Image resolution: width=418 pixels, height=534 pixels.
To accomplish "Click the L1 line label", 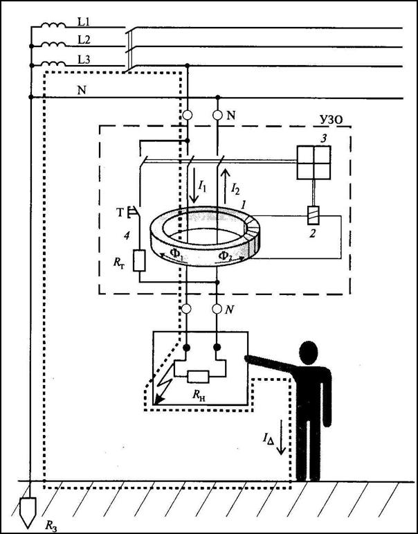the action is tap(84, 22).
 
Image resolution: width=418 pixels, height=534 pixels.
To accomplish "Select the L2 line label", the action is tap(84, 40).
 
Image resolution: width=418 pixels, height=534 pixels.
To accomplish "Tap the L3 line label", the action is tap(84, 60).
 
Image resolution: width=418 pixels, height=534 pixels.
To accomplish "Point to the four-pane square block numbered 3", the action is tap(313, 163).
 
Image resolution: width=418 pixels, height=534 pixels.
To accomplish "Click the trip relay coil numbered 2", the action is tap(313, 215).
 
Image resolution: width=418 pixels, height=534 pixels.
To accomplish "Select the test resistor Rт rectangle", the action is tap(139, 260).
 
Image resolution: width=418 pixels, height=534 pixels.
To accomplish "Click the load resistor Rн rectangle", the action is tap(198, 377).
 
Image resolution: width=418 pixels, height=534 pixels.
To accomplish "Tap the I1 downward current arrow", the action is tap(194, 185).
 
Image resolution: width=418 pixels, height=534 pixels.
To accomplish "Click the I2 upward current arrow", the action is tap(225, 185).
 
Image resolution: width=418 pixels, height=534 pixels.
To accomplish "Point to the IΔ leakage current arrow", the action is tap(281, 437).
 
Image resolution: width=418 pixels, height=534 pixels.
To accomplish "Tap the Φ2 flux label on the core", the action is tap(225, 256).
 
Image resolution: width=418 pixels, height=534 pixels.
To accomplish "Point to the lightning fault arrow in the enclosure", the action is tap(162, 386).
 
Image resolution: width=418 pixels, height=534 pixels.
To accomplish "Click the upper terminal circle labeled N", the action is tap(218, 116).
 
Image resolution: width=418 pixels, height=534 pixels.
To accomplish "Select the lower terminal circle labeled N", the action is tap(218, 309).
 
